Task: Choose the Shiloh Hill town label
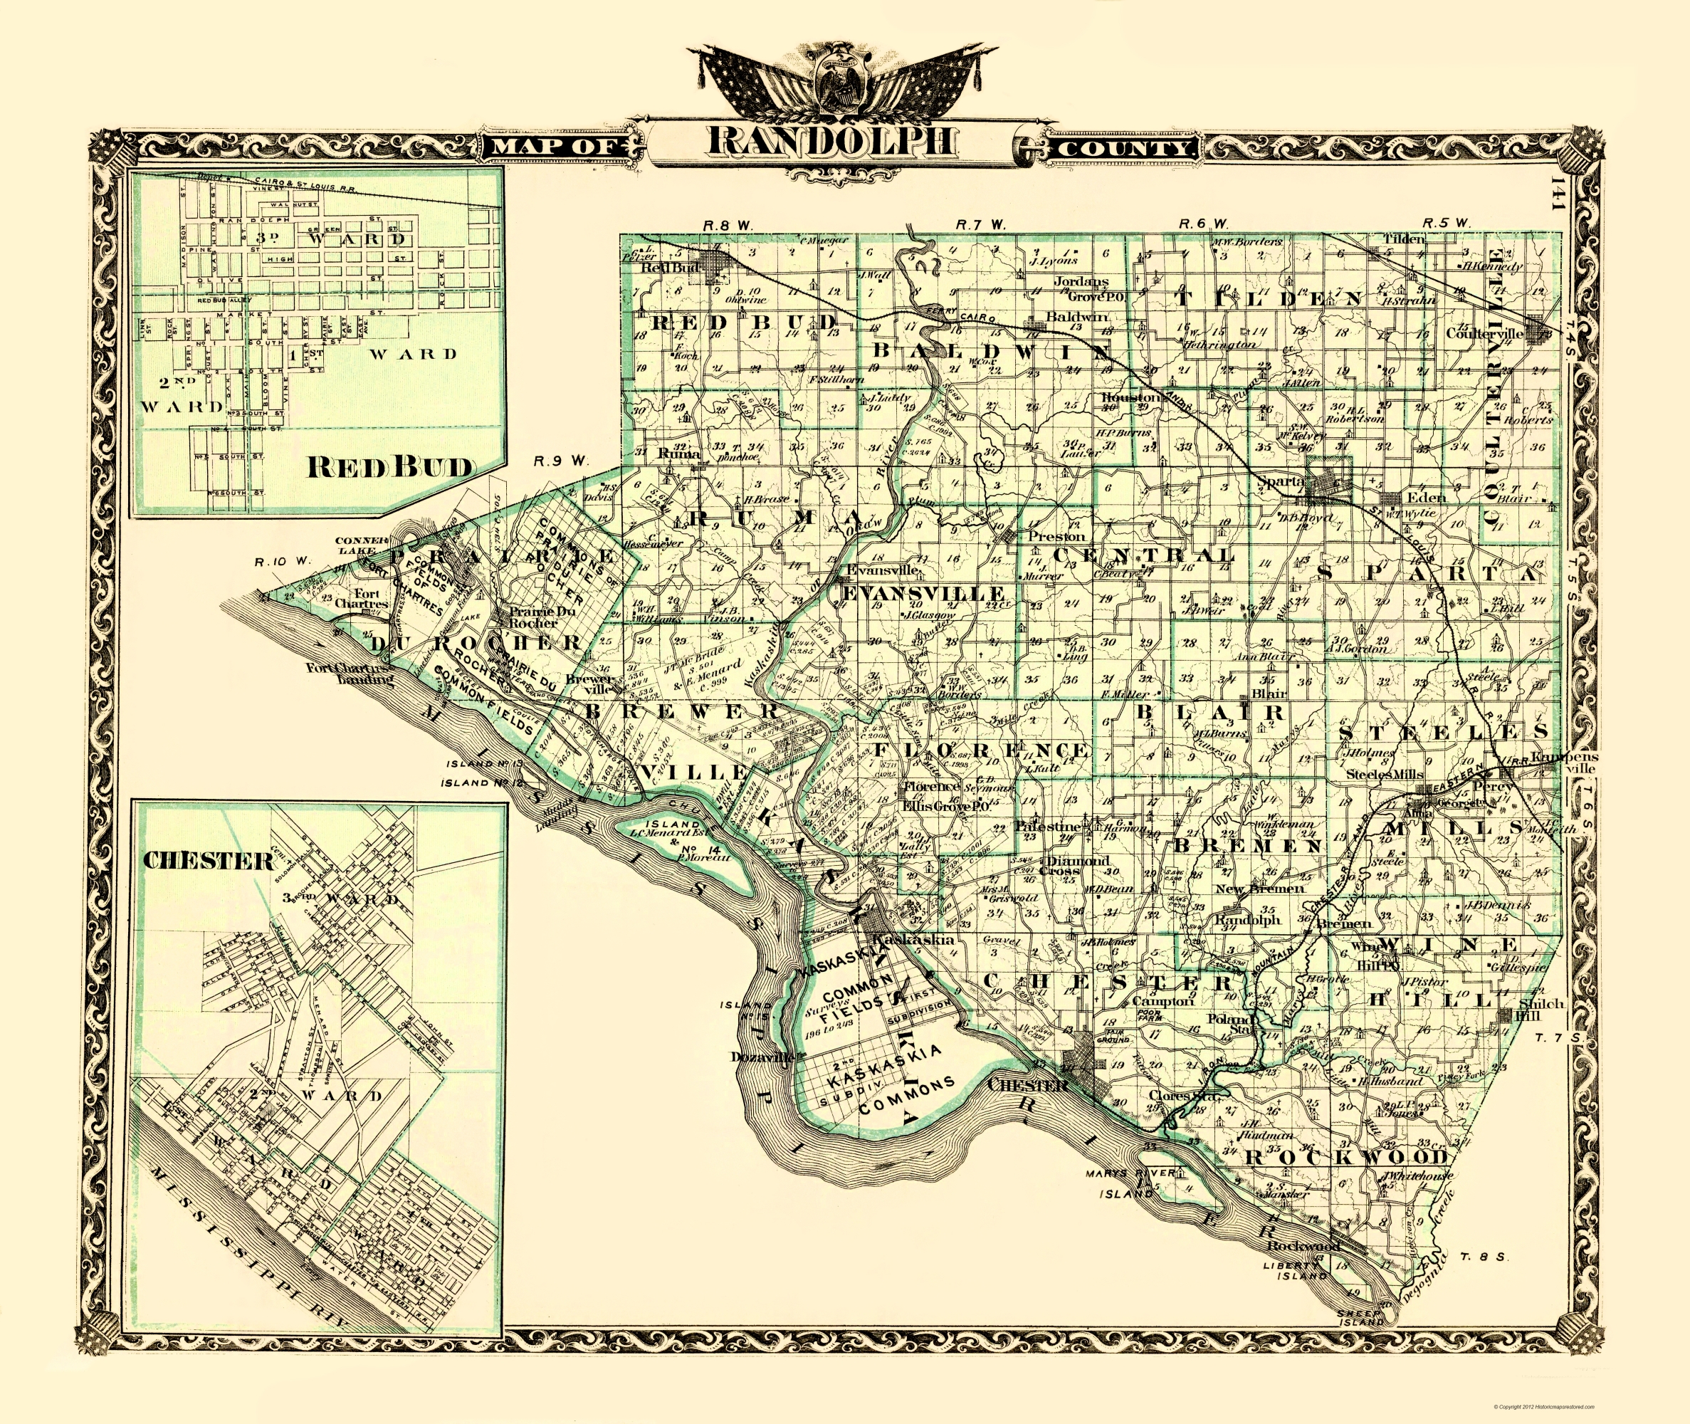point(1541,1010)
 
